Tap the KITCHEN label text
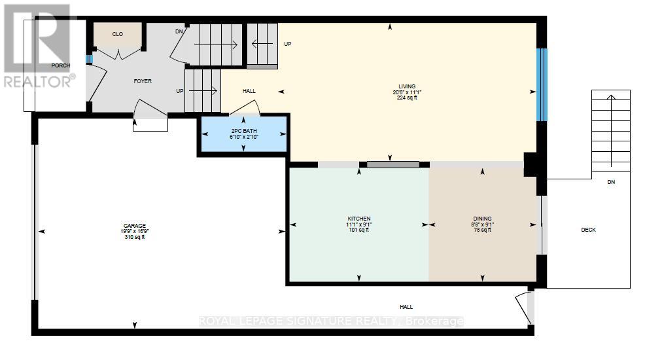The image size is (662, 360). point(358,218)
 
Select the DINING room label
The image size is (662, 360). point(482,219)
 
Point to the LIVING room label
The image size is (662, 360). point(407,86)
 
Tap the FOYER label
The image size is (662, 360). point(143,81)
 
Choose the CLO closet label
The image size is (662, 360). point(118,34)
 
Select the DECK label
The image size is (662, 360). point(588,230)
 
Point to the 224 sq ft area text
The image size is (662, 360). point(407,98)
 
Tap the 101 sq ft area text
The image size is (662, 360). point(358,230)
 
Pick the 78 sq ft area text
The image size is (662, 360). point(482,230)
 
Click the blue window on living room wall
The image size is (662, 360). point(541,85)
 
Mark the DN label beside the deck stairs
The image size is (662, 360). point(611,182)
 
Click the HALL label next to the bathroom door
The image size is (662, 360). point(249,91)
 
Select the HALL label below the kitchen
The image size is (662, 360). point(406,307)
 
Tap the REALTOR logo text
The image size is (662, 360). point(39,81)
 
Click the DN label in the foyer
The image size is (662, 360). point(179,31)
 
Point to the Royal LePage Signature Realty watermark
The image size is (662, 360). point(331,321)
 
